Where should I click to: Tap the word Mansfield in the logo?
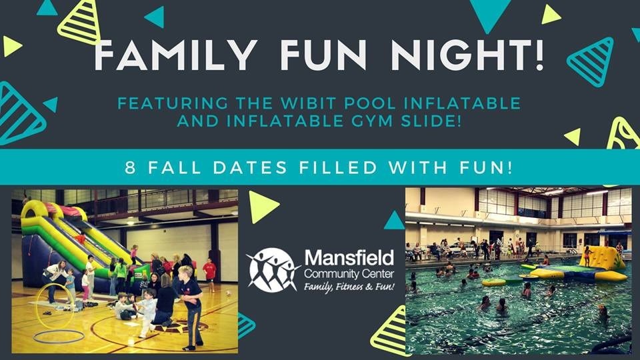coord(349,257)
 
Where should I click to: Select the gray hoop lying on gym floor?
coord(59,336)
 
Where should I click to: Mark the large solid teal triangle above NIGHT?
coord(491,13)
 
